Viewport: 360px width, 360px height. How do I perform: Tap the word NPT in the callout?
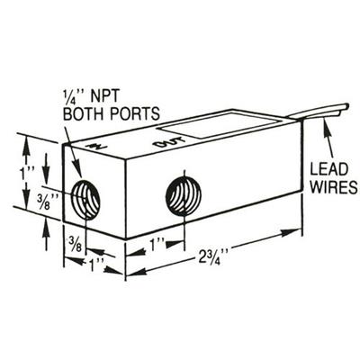coord(103,96)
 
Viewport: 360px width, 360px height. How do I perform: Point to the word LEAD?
coord(329,169)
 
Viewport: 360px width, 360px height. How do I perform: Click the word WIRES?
coord(334,186)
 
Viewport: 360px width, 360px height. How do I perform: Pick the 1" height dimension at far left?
coord(26,175)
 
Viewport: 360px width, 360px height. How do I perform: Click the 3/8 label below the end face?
coord(74,244)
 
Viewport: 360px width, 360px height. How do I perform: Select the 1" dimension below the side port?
coord(157,246)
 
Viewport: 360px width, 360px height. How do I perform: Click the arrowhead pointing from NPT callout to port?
coord(77,170)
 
